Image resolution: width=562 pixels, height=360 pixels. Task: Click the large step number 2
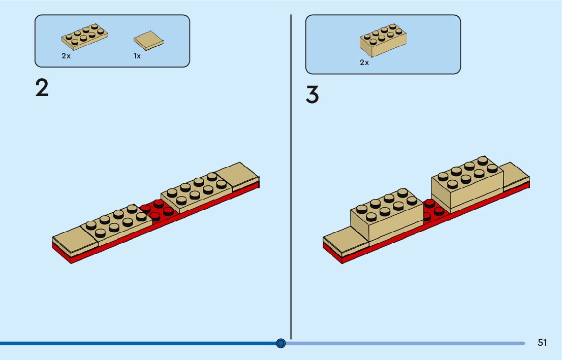[x=42, y=88]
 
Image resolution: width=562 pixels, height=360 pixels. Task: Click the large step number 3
[x=313, y=95]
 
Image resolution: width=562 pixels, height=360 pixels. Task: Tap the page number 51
[x=542, y=343]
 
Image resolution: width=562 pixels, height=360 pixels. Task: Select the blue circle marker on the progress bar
[x=281, y=343]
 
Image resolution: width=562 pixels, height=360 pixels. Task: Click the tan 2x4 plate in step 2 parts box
[x=85, y=37]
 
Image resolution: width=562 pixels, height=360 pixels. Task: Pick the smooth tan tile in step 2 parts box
[x=149, y=41]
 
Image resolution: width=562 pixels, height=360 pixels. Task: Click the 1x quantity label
[x=137, y=56]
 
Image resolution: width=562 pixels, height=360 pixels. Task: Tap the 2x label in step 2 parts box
[x=66, y=56]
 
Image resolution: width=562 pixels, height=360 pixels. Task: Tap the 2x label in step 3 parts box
[x=364, y=63]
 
